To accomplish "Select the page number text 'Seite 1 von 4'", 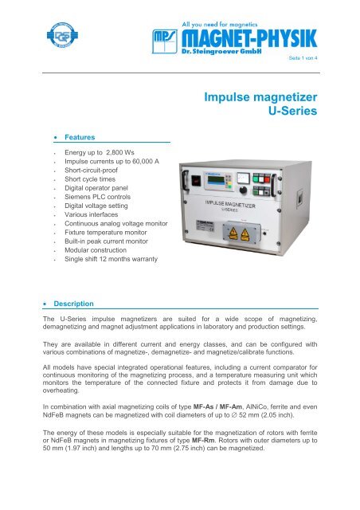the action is coord(303,58).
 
